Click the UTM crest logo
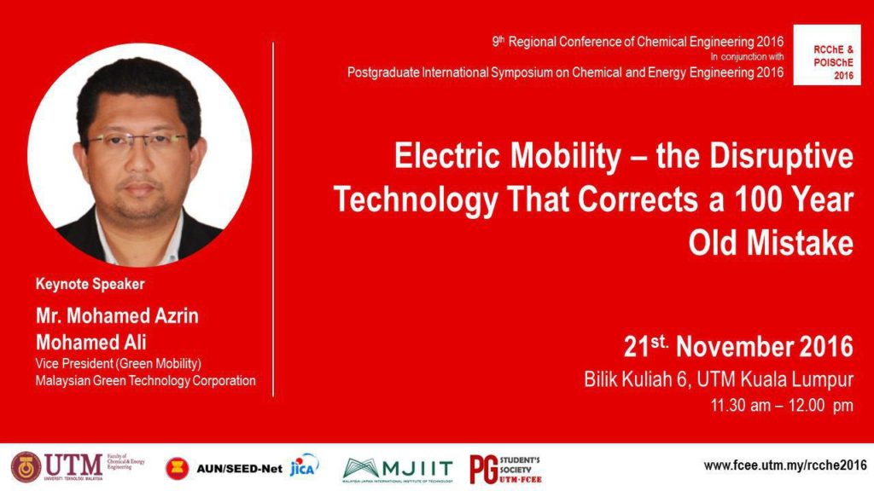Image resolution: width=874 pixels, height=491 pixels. [x=26, y=467]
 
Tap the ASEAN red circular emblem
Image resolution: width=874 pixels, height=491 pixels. [x=178, y=468]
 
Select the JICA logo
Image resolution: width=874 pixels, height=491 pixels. [x=305, y=466]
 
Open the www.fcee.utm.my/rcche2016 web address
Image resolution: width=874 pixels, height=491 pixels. [x=785, y=465]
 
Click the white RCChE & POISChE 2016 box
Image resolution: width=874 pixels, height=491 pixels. [x=826, y=55]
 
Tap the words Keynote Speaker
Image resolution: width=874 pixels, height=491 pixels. [x=90, y=284]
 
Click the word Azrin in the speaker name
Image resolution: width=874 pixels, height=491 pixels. [x=172, y=315]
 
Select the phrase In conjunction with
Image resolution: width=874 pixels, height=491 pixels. [x=747, y=57]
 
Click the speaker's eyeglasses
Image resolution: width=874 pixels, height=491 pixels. [x=138, y=141]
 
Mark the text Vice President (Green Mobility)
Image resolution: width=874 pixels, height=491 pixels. [x=118, y=363]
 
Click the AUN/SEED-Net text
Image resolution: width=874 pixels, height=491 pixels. [x=239, y=469]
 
